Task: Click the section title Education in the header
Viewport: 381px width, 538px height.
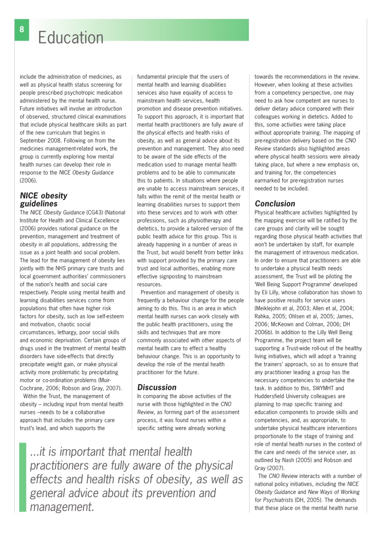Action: point(71,38)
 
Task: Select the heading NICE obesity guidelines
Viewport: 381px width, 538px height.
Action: point(44,199)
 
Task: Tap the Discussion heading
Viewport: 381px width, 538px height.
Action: point(157,387)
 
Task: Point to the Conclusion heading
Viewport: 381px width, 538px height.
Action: point(275,203)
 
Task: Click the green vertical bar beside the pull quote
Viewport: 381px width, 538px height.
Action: point(22,476)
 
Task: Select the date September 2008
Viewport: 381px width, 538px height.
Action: point(41,140)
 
